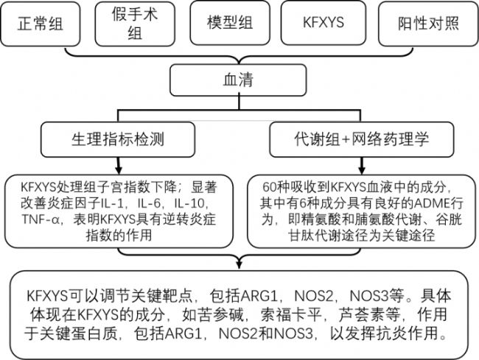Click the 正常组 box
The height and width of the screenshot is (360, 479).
(x=40, y=24)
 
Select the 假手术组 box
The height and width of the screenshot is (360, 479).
(x=135, y=24)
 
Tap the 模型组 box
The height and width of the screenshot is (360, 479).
(x=230, y=23)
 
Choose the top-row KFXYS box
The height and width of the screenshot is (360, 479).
(x=324, y=23)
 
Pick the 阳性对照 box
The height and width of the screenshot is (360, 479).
(x=428, y=24)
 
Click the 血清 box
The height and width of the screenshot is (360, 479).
(x=238, y=80)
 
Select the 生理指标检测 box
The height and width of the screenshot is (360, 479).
(x=118, y=139)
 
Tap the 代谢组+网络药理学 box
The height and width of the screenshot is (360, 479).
(x=362, y=139)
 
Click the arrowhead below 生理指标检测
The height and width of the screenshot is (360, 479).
(x=119, y=170)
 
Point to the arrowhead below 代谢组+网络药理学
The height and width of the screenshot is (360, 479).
(x=362, y=170)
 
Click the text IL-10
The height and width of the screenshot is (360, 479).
(x=192, y=203)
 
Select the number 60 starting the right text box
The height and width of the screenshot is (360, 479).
(x=270, y=187)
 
